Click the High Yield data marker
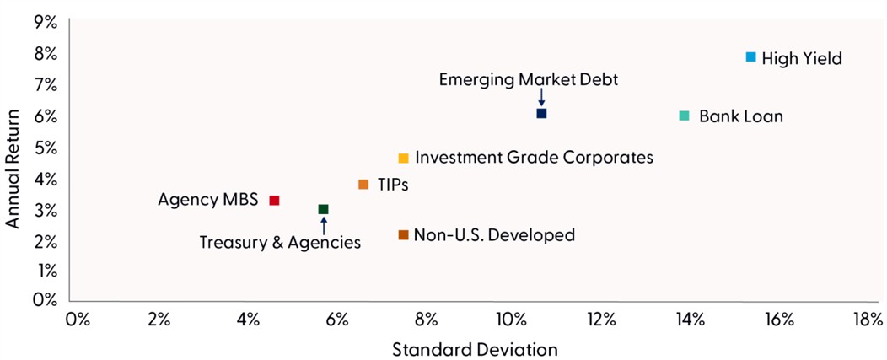[x=750, y=56]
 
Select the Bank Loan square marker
[x=684, y=116]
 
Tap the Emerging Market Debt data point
[x=541, y=113]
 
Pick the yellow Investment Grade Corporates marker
[x=403, y=158]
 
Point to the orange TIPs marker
[x=363, y=184]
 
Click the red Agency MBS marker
[x=274, y=201]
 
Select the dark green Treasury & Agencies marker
[x=323, y=209]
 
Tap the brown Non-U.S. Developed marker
[x=403, y=234]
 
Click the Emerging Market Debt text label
[x=529, y=80]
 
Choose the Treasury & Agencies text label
[x=280, y=243]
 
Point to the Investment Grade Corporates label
[x=535, y=157]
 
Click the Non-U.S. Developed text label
[x=495, y=234]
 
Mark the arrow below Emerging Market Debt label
[x=541, y=98]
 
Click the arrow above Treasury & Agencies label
[x=323, y=225]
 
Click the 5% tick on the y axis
[x=46, y=148]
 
